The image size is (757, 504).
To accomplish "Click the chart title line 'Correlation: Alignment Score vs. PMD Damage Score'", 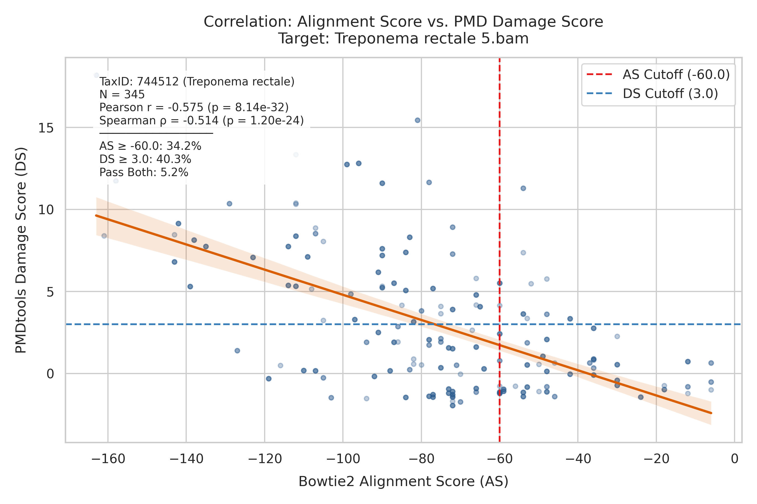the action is point(403,22).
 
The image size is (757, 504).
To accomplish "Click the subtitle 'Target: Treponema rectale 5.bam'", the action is point(403,39).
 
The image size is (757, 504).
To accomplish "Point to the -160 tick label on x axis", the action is point(108,459).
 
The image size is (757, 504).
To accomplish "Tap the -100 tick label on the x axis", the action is point(343,459).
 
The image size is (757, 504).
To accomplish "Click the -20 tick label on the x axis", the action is point(657,459).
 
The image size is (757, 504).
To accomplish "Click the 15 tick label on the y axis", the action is point(46,128).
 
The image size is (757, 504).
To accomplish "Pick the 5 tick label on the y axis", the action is point(50,292).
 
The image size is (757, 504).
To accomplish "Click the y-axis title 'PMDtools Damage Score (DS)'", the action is point(21,250).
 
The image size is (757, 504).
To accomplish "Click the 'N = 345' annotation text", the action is point(122,95).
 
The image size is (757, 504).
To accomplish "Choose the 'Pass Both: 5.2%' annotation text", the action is point(144,172).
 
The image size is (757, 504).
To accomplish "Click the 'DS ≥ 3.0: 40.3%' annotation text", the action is point(145,159).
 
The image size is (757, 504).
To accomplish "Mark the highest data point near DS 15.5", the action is point(417,120).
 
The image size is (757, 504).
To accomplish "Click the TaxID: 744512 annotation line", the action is point(197,82).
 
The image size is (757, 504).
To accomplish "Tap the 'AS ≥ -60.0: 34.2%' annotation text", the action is point(150,146).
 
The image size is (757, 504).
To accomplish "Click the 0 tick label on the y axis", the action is point(50,374).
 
